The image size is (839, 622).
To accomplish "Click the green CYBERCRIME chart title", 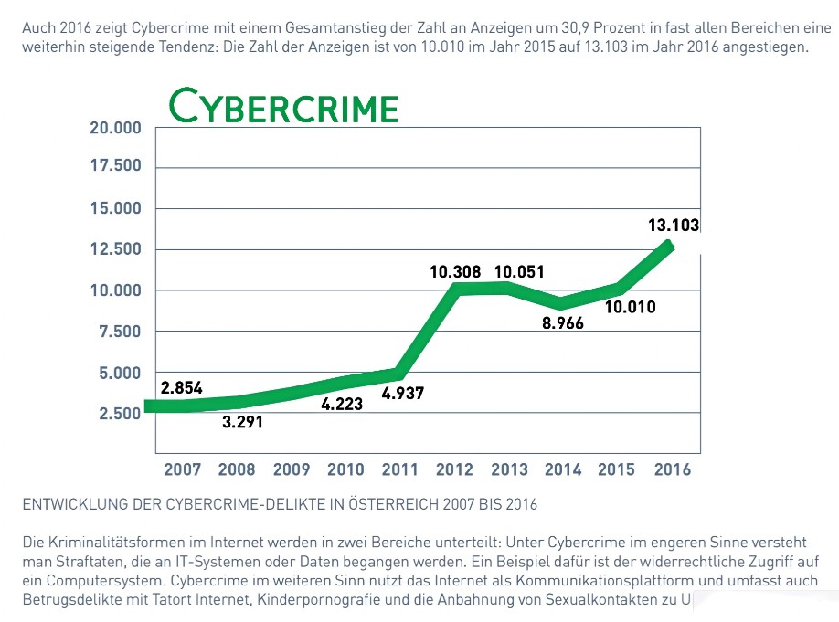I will pos(285,107).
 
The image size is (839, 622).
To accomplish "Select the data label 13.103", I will pos(673,226).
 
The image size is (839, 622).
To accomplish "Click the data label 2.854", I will pos(182,387).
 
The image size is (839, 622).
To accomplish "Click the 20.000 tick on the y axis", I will pos(115,127).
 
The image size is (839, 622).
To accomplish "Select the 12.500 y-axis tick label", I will pos(115,249).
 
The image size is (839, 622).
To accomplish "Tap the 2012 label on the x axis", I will pos(455,469).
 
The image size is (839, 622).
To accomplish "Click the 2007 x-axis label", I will pos(183,469).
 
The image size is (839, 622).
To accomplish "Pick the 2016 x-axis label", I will pos(672,469).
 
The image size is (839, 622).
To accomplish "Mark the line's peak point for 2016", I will pos(669,245).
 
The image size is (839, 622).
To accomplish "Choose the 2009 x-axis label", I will pos(292,469).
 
